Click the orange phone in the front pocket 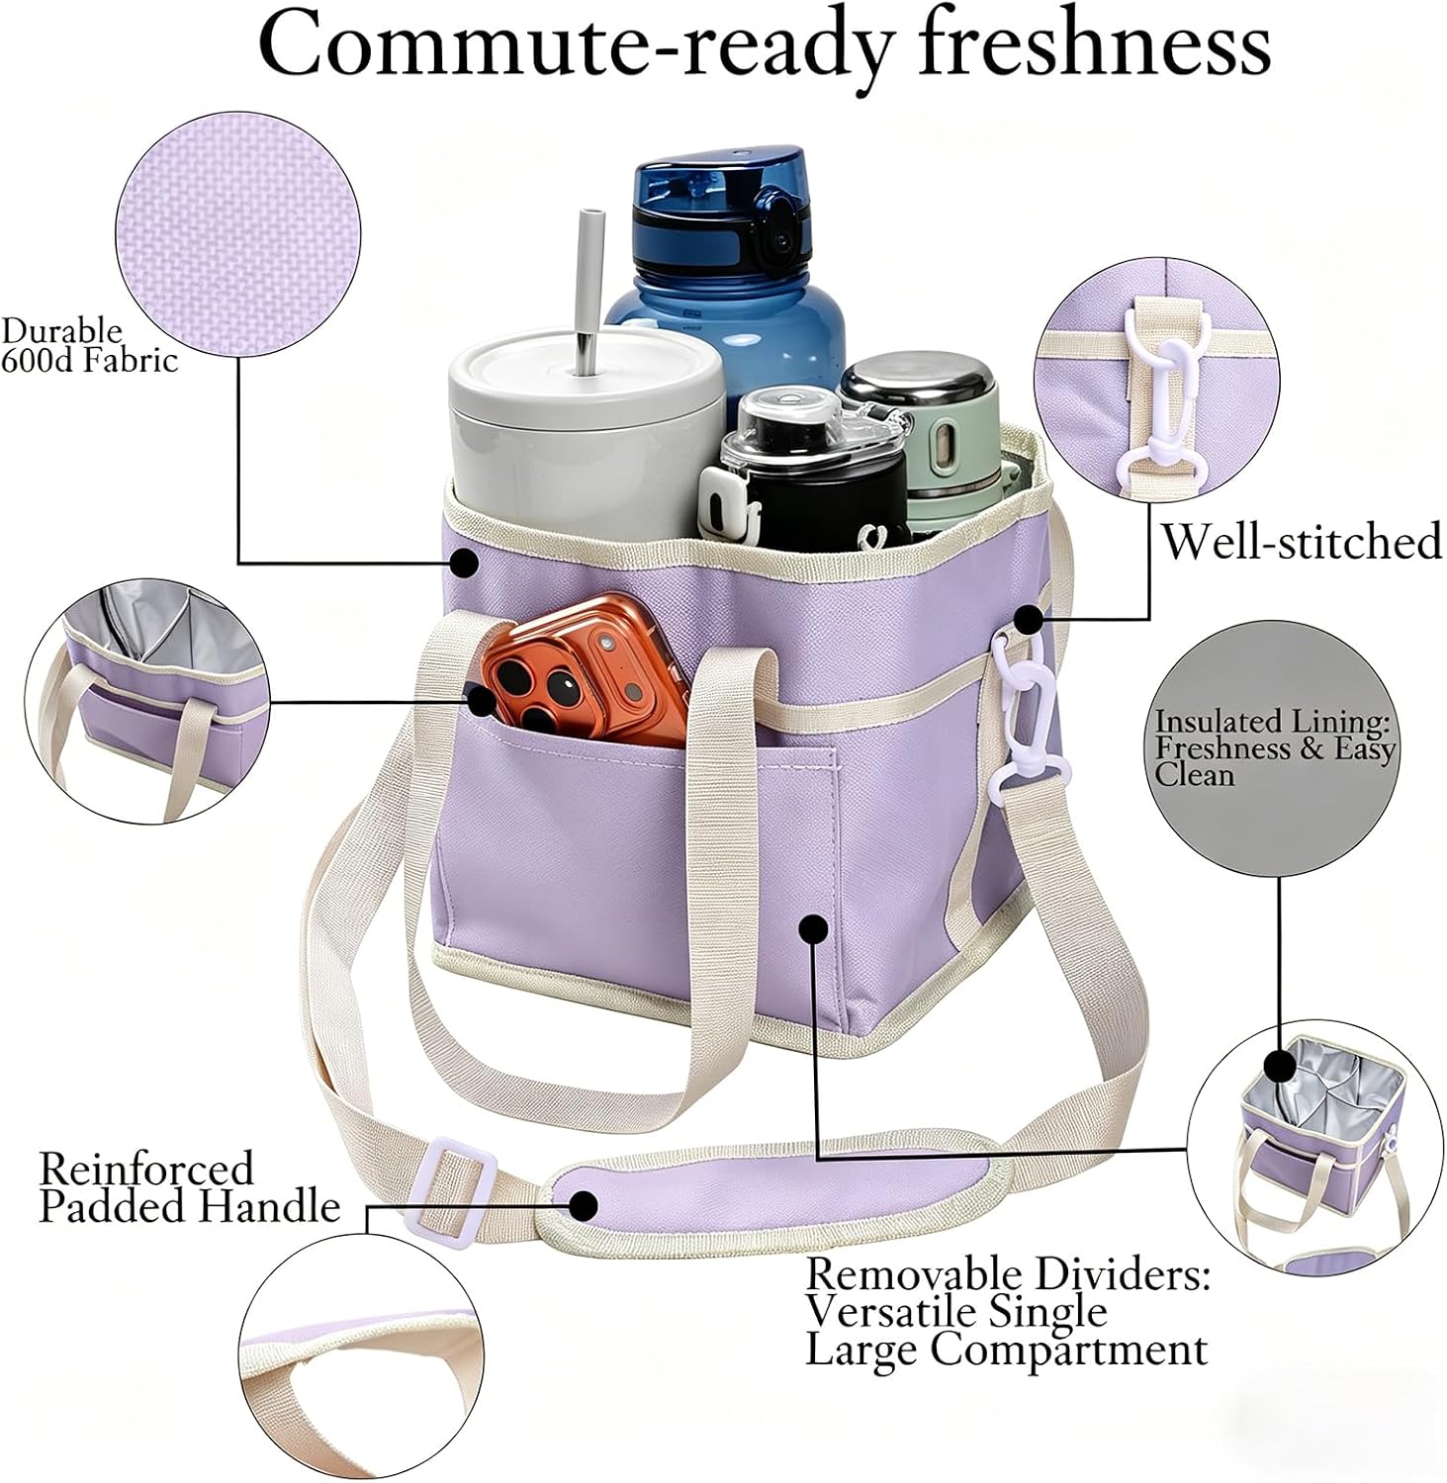(x=584, y=672)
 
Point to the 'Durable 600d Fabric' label (x=89, y=344)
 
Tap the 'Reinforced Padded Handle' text (x=189, y=1187)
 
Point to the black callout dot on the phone (x=482, y=701)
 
